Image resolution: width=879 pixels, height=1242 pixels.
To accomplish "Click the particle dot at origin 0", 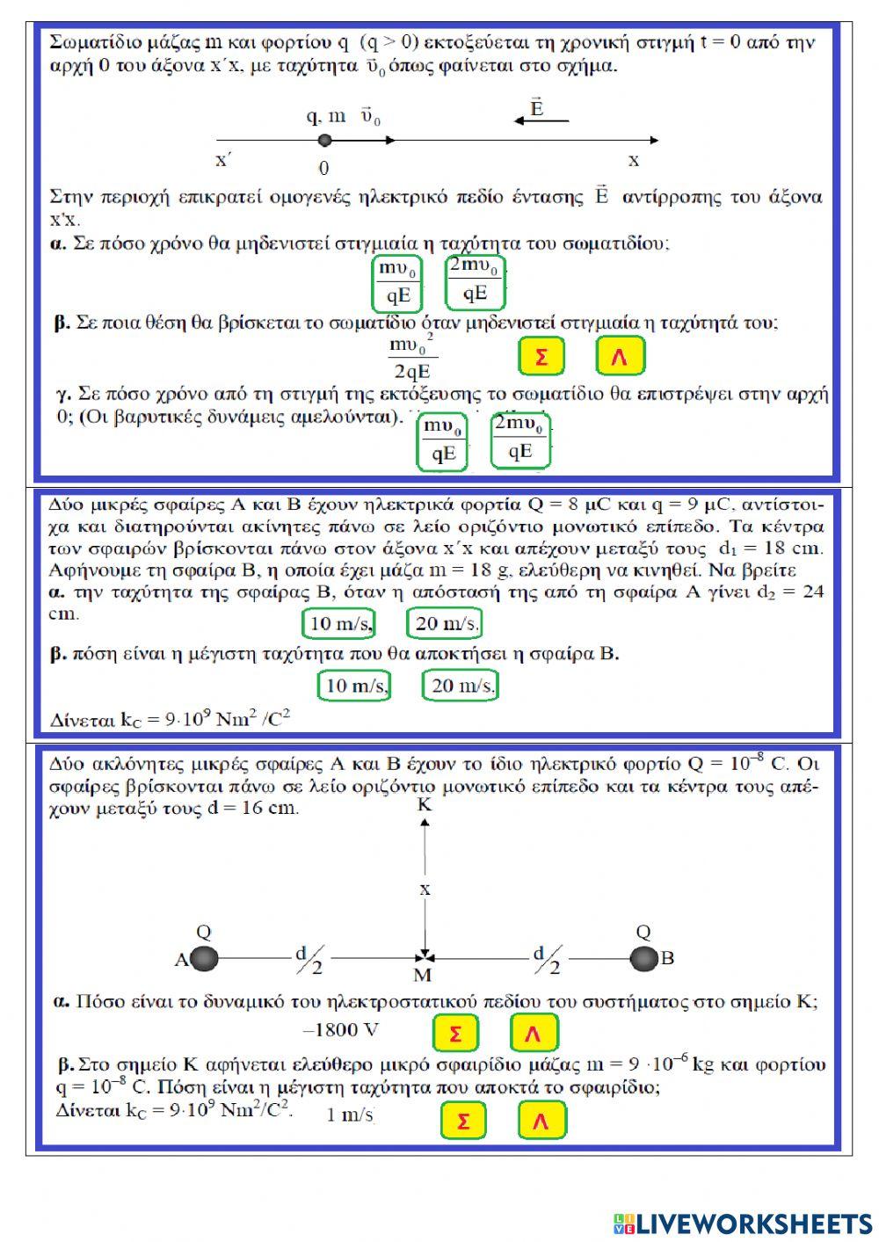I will pos(324,140).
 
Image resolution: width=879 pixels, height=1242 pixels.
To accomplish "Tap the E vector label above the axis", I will pos(537,108).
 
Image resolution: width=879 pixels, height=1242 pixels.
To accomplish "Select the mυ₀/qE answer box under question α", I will pos(397,283).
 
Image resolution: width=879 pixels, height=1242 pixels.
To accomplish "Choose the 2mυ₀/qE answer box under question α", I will pos(475,281).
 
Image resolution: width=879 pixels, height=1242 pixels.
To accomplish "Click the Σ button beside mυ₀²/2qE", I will pos(541,357).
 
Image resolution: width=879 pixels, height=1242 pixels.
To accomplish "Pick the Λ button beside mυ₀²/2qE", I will pos(620,357).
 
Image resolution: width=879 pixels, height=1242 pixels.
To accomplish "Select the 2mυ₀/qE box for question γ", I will pos(519,439).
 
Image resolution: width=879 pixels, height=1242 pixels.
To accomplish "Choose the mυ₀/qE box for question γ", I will pos(443,441).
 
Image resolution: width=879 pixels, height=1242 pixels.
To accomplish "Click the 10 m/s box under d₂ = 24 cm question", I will pos(338,624).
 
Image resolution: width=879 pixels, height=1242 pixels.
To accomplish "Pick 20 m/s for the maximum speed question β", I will pos(460,686).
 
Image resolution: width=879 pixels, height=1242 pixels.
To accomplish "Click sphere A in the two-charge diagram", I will pos(204,959).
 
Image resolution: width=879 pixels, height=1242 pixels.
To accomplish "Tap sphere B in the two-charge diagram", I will pos(643,959).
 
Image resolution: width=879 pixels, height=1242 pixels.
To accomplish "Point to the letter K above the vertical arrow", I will pos(425,805).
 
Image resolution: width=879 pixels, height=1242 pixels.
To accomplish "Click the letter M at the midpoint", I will pos(424,975).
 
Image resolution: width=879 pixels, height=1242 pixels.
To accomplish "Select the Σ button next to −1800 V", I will pos(455,1034).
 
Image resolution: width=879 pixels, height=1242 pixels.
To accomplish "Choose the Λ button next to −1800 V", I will pos(533,1034).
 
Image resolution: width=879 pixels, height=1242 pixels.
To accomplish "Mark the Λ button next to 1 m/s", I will pos(541,1121).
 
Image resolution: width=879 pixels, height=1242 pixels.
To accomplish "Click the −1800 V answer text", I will pos(341,1030).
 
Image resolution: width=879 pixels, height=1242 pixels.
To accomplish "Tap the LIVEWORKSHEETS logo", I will pos(743,1224).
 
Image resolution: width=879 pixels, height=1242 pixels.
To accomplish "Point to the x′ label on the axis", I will pos(224,161).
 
